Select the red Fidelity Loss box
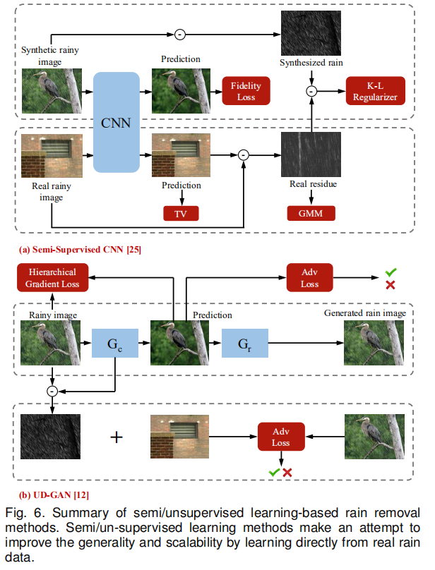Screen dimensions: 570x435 [x=246, y=91]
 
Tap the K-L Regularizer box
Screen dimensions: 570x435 [x=376, y=91]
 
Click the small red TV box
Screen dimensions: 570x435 [x=181, y=212]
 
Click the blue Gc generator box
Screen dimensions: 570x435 [x=117, y=344]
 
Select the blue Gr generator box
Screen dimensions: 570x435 [x=245, y=344]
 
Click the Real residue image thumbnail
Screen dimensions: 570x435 [x=310, y=154]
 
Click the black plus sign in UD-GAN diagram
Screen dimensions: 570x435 [x=117, y=437]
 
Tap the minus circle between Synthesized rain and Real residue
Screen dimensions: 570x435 [x=311, y=90]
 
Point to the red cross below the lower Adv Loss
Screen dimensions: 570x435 [x=287, y=472]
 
